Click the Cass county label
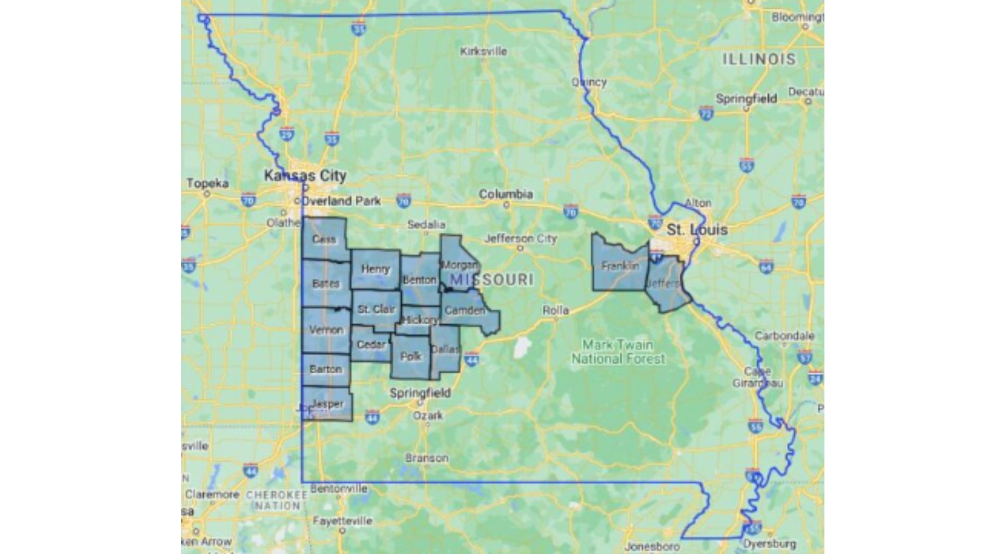coord(324,239)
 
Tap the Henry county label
coord(376,269)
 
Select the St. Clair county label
coord(377,309)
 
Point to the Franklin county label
coord(620,266)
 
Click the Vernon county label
coord(326,330)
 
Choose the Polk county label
coord(410,356)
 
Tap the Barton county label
coord(325,369)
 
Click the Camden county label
coord(464,310)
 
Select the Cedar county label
coord(371,344)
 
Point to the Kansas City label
coord(305,175)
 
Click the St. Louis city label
coord(697,229)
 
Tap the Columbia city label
coord(506,194)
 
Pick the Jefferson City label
coord(521,239)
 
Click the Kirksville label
coord(483,51)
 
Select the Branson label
coord(427,458)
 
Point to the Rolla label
coord(556,310)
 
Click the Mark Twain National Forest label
coord(618,351)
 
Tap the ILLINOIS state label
coord(759,59)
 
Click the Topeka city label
coord(207,183)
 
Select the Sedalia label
coord(426,225)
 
